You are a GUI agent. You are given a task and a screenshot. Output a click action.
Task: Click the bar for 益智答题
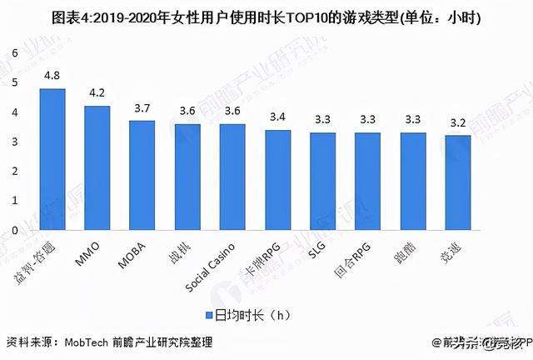point(52,159)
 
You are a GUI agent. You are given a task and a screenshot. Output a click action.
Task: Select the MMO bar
point(97,167)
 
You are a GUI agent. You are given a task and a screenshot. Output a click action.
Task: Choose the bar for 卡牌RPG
point(277,180)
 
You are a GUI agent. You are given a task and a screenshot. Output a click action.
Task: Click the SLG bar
point(322,181)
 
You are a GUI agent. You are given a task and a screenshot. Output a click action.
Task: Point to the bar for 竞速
point(458,182)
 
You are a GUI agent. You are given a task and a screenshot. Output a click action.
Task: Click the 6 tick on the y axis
point(14,52)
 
